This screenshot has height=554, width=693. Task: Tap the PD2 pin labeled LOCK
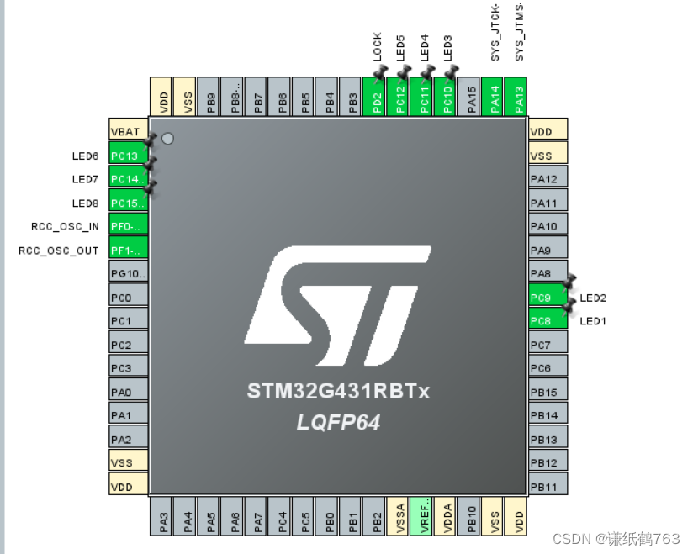point(378,98)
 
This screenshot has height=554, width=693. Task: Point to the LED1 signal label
point(593,321)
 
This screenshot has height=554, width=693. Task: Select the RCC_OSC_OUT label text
point(59,251)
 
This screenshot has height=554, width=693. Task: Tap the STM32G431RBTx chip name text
point(338,392)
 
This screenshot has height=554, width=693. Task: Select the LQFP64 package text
point(338,423)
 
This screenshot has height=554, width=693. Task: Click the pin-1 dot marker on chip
point(167,139)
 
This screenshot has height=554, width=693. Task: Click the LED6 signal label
point(85,156)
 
